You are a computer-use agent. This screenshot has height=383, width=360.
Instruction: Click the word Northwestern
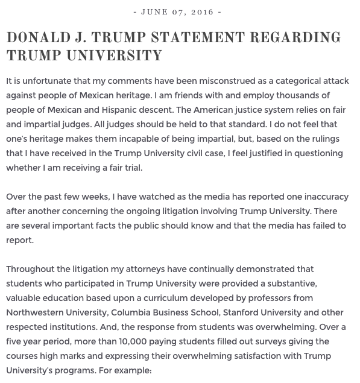[x=35, y=312]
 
